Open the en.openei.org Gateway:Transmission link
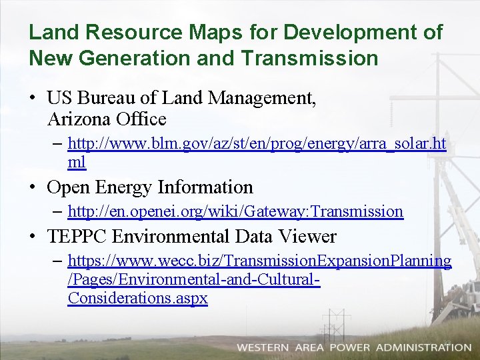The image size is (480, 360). coord(235,211)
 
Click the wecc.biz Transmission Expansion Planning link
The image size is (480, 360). coord(259,261)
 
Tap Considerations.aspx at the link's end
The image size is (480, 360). coord(137,298)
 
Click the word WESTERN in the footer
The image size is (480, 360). coord(263,347)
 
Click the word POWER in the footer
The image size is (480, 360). coord(349,347)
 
